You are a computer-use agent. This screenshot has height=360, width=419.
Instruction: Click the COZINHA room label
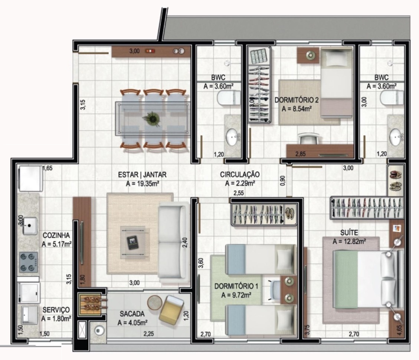click(56, 236)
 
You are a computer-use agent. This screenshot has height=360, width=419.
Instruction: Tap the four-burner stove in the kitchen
click(28, 262)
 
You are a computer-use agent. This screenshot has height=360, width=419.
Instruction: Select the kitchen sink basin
click(30, 226)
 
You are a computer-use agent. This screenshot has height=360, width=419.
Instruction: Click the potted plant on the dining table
click(153, 119)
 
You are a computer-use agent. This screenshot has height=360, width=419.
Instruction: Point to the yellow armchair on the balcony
click(171, 310)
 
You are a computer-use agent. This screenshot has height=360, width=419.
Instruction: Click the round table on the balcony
click(155, 302)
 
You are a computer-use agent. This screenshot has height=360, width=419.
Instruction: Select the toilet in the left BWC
click(229, 98)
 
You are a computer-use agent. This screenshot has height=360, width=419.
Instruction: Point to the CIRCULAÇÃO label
click(240, 174)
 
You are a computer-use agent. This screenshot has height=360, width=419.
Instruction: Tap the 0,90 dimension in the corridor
click(283, 180)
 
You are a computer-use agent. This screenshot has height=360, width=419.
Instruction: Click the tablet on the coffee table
click(132, 242)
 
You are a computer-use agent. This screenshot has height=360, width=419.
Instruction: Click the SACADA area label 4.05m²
click(132, 323)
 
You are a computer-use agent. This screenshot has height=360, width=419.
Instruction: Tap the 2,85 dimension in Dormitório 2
click(300, 154)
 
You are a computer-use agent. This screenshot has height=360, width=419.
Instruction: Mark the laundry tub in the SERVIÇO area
click(29, 315)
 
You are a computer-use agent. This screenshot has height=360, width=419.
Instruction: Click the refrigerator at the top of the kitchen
click(30, 178)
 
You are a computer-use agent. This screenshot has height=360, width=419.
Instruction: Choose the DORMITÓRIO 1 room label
click(236, 286)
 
